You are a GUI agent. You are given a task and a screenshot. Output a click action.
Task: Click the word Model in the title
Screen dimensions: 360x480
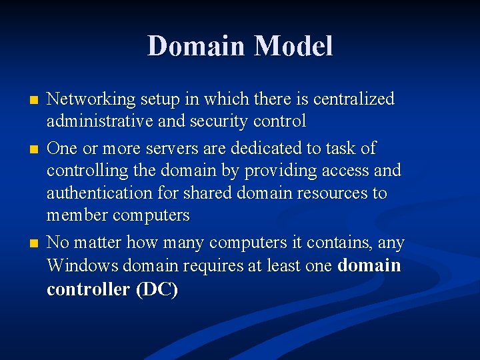click(293, 46)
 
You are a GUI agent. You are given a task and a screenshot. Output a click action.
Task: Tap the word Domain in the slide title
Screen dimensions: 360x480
click(196, 46)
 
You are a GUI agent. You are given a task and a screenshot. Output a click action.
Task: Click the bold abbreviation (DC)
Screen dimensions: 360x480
click(157, 290)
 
